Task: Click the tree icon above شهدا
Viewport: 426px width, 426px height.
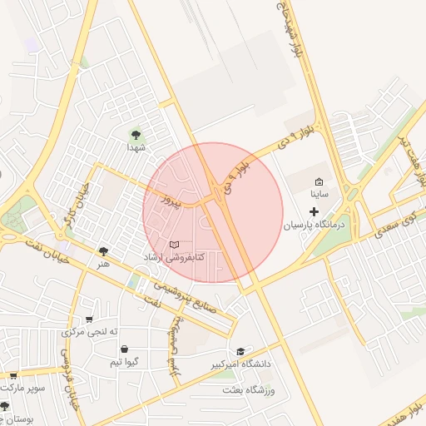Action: click(136, 132)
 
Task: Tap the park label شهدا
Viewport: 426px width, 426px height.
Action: click(136, 146)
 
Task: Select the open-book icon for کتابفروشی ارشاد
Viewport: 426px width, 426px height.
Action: click(174, 245)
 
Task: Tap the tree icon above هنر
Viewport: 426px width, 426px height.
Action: click(103, 250)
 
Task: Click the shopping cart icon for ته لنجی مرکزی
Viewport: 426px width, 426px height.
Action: click(89, 319)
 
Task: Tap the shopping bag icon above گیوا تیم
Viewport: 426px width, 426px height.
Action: click(124, 349)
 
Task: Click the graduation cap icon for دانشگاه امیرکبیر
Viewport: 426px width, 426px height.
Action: click(240, 351)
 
